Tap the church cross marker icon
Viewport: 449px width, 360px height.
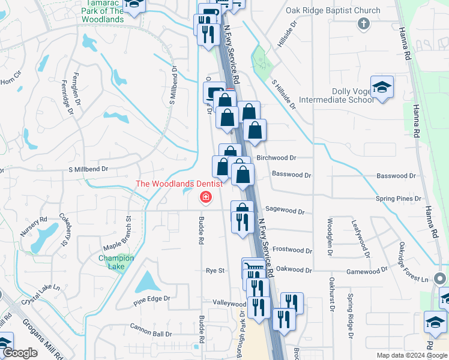click(363, 23)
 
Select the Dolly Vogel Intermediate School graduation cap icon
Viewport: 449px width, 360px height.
click(382, 88)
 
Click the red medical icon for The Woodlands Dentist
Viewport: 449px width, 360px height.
click(205, 197)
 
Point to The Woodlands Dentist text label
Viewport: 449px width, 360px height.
click(179, 184)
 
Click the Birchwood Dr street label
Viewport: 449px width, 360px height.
click(276, 158)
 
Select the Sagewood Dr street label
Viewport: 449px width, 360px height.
click(285, 212)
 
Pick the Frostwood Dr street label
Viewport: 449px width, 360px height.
click(292, 250)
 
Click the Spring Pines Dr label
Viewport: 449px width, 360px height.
click(399, 199)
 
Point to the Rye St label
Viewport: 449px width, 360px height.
click(214, 271)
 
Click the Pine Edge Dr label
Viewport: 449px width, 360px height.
click(152, 298)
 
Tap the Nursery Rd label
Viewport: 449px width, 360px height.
click(35, 226)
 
